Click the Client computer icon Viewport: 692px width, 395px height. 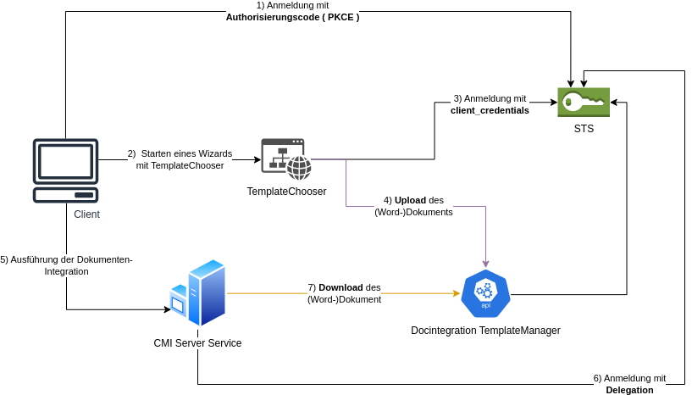tap(65, 170)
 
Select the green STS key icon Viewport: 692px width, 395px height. tap(583, 103)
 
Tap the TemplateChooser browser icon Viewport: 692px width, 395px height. tap(286, 159)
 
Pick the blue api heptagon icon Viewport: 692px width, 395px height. tap(485, 293)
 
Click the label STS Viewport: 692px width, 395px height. tap(583, 129)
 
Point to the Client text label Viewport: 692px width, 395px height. tap(86, 214)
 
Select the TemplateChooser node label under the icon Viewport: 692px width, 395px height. tap(286, 192)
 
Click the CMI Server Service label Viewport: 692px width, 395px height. tap(197, 343)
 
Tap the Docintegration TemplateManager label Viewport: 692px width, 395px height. tap(485, 331)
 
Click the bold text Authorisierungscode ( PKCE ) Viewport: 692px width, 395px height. tap(292, 17)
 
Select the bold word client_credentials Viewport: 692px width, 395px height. tap(490, 110)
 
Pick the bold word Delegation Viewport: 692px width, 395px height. tap(629, 390)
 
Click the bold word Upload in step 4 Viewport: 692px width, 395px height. tap(410, 200)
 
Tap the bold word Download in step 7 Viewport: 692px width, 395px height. tap(340, 287)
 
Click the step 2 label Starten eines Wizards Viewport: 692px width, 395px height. tap(180, 153)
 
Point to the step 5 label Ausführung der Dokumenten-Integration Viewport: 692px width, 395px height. tap(66, 265)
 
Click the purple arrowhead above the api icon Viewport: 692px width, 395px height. tap(486, 264)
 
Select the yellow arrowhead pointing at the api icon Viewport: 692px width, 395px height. tap(455, 293)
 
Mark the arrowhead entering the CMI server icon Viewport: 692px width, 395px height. tap(167, 309)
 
